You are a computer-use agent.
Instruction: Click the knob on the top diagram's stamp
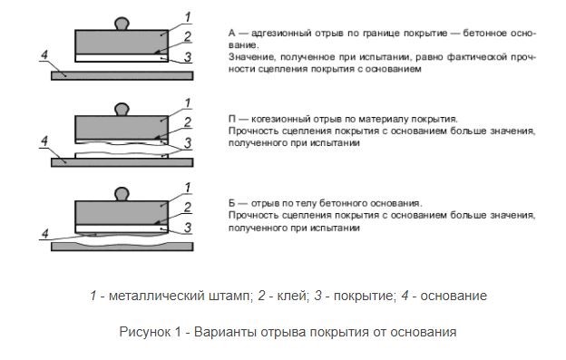(122, 23)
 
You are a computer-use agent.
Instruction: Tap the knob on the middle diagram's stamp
(122, 108)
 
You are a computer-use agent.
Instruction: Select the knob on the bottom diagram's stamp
(122, 192)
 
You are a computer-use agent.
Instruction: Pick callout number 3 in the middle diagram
(186, 143)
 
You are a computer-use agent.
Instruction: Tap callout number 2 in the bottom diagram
(186, 207)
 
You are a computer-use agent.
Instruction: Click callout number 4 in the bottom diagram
(44, 234)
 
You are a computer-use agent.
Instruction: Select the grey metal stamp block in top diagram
(122, 42)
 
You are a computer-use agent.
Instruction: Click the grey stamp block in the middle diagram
(122, 125)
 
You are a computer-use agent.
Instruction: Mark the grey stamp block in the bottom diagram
(122, 210)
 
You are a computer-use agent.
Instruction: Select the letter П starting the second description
(232, 119)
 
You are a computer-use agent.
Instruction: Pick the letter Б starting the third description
(232, 203)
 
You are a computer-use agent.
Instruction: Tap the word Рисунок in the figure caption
(141, 332)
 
